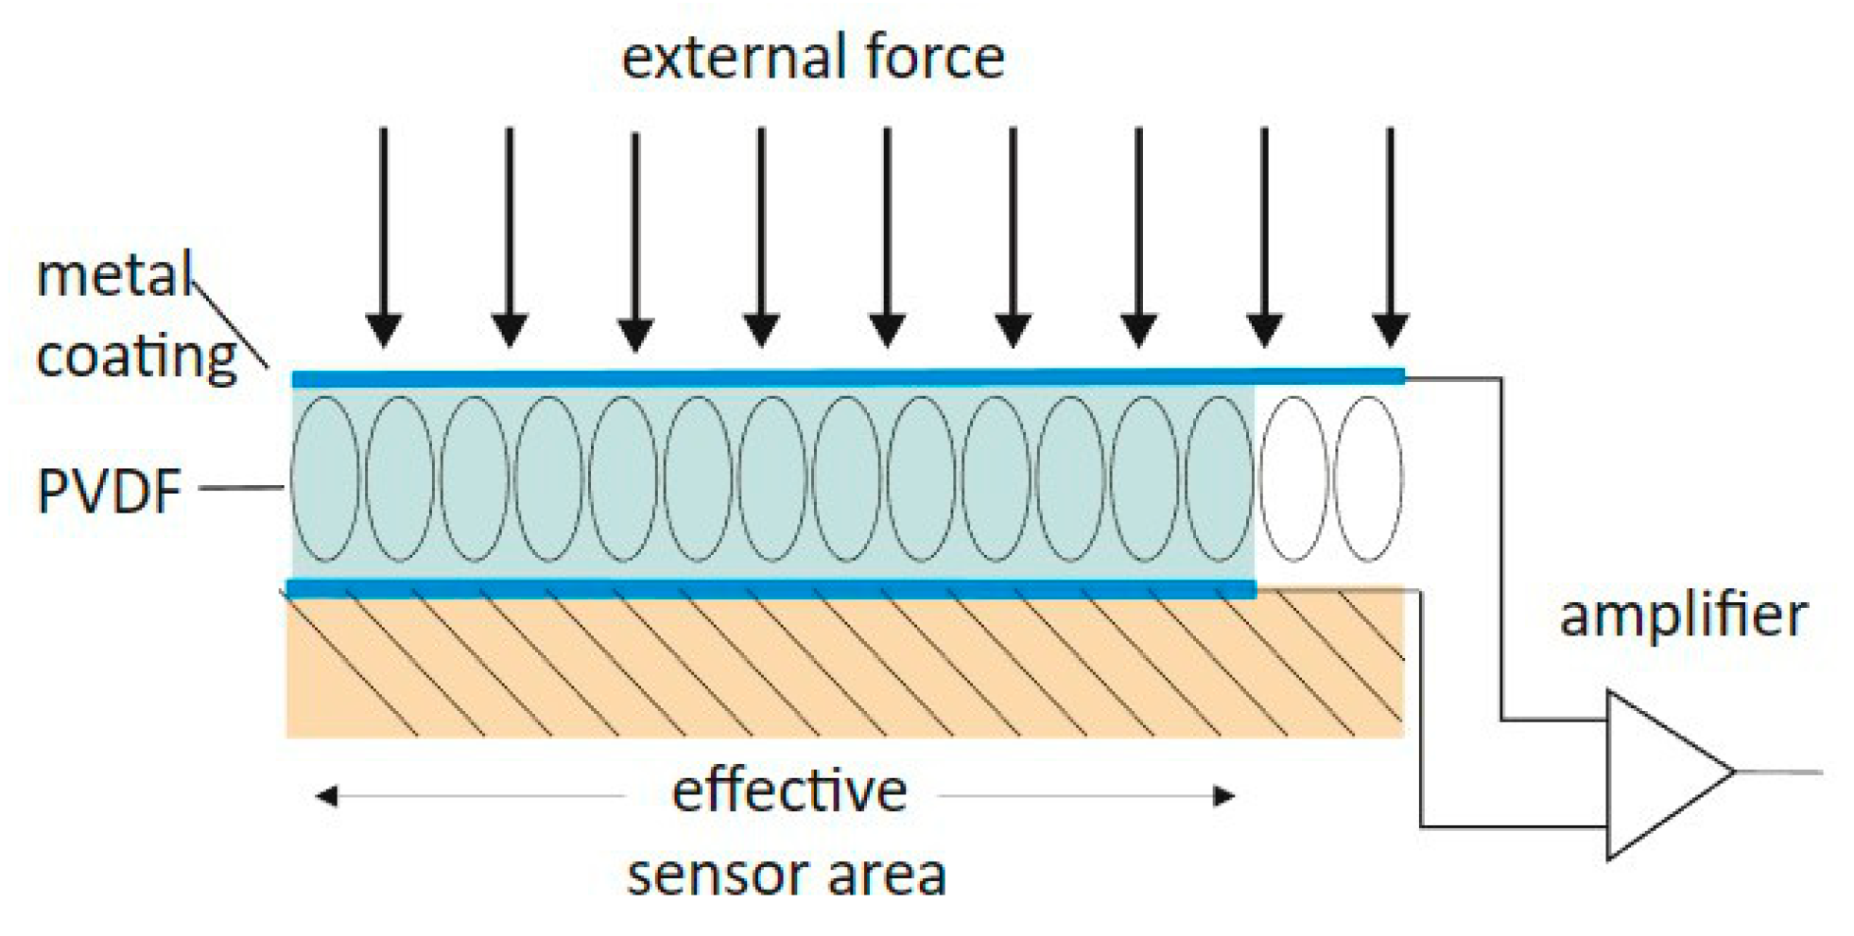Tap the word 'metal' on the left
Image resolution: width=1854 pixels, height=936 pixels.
(x=113, y=276)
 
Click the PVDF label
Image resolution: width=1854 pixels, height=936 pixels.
(x=109, y=492)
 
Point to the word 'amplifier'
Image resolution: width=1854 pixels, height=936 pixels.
(x=1683, y=616)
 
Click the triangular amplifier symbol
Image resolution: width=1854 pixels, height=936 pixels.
(x=1659, y=774)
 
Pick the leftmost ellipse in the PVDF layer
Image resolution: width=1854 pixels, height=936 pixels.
(x=325, y=478)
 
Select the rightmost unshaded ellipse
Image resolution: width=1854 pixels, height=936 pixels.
(x=1368, y=478)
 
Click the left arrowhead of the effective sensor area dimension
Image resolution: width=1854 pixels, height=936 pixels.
(x=327, y=796)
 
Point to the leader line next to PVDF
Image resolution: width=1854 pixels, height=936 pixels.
(x=242, y=488)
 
